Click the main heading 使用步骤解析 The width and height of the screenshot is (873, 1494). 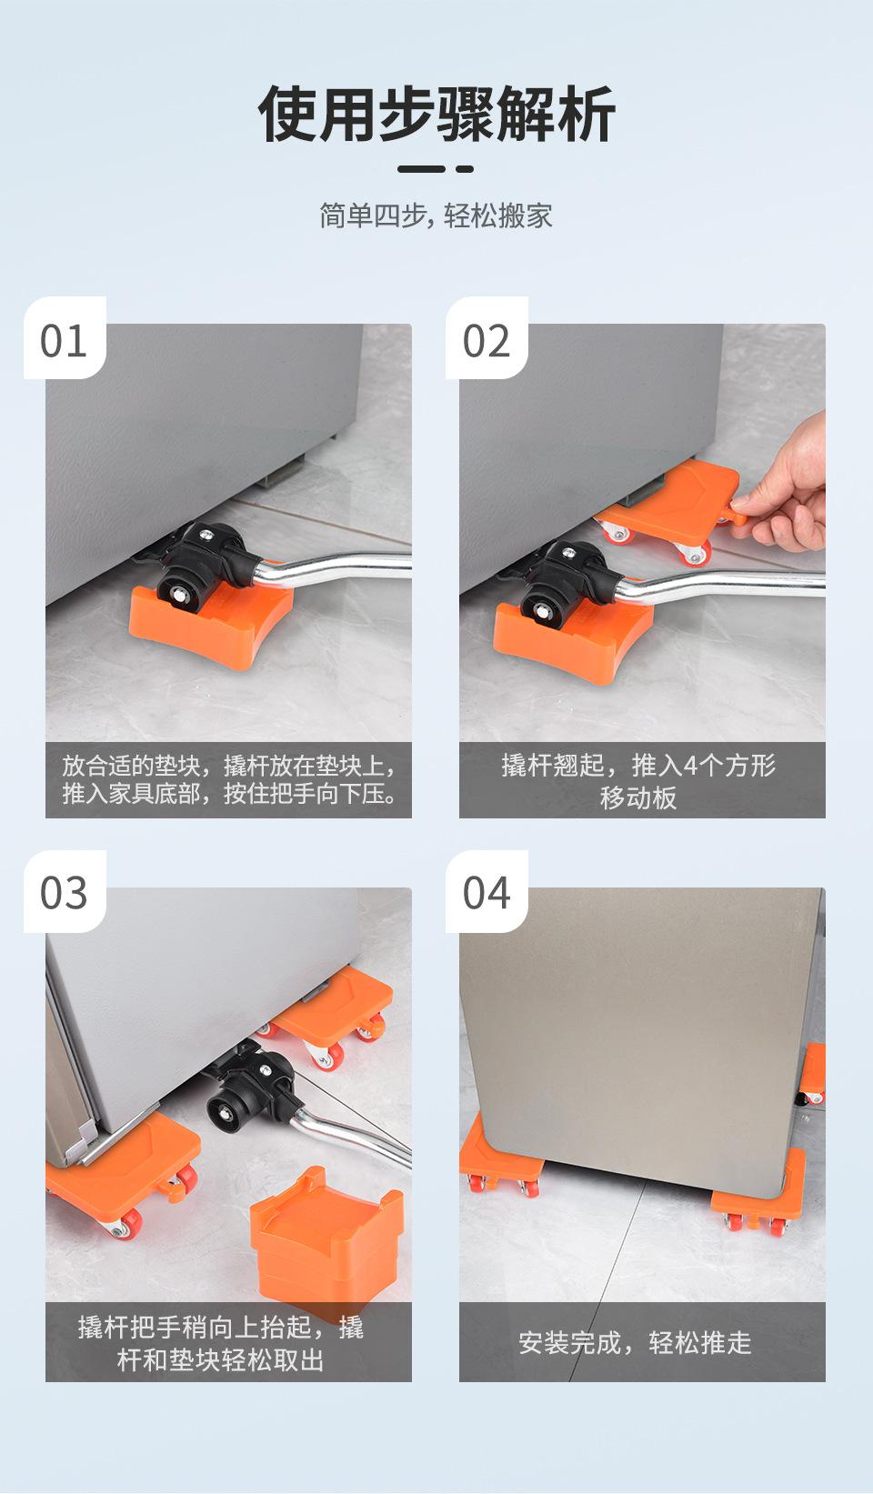click(436, 114)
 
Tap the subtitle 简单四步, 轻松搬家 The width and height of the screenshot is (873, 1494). click(436, 216)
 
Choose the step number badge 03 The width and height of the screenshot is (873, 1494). click(65, 892)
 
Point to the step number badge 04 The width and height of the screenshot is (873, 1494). click(487, 892)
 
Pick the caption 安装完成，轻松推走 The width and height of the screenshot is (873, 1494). click(635, 1342)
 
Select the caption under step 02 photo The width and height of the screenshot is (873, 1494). click(638, 781)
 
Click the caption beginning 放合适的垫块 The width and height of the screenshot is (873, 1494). click(229, 779)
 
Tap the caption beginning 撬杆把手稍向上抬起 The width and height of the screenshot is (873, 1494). click(221, 1342)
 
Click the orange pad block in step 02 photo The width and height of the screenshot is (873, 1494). click(572, 640)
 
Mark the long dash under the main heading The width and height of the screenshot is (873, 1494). click(421, 169)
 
